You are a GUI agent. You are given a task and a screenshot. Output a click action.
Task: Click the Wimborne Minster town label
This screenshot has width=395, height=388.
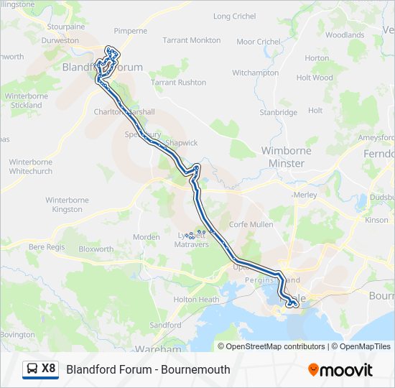286,157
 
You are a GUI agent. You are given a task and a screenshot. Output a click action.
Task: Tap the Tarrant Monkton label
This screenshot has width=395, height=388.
192,40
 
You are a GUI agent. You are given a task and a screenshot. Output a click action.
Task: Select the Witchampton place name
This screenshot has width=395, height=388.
255,73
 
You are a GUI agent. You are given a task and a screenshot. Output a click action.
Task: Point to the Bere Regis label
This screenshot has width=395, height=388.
47,246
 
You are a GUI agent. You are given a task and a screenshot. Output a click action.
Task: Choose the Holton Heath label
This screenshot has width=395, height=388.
196,300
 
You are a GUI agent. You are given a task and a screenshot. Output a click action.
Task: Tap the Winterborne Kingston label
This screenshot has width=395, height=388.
68,205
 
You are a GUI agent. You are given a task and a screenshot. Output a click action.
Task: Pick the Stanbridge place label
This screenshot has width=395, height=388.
278,112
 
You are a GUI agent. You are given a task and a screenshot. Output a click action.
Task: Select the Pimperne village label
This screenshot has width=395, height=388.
131,31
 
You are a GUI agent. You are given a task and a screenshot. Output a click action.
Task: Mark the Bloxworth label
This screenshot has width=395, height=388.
96,249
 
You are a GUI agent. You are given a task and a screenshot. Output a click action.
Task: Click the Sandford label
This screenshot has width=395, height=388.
165,325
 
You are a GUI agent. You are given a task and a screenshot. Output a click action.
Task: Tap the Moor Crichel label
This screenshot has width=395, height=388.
259,42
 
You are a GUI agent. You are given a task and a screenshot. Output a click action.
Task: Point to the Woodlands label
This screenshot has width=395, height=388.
345,34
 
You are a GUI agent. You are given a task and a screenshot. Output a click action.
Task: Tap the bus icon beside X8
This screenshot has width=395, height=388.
32,369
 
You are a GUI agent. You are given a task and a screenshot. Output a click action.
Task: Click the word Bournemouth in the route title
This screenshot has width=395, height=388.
196,369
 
